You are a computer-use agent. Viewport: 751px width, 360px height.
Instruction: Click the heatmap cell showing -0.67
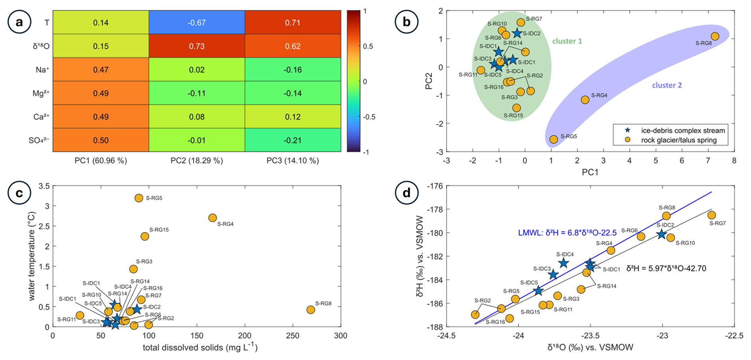(x=196, y=23)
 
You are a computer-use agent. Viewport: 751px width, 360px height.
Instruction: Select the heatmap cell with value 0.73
(x=196, y=46)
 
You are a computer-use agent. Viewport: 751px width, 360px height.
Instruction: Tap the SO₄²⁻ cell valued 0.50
(x=101, y=140)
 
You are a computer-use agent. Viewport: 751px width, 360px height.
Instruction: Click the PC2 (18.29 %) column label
(x=196, y=161)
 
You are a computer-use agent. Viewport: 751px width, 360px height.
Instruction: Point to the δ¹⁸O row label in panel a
(x=41, y=46)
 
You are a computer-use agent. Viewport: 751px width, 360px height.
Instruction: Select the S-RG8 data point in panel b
(x=714, y=37)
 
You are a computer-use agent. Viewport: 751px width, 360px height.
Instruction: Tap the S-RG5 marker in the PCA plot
(x=553, y=139)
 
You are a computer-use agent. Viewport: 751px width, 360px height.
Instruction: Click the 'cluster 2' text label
(x=667, y=85)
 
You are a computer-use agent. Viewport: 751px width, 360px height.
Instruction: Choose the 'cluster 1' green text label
(x=567, y=41)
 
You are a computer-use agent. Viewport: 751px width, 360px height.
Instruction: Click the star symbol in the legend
(x=628, y=131)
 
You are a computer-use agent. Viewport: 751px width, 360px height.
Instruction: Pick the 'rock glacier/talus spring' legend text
(x=679, y=140)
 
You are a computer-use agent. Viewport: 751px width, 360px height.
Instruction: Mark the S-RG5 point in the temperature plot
(x=139, y=198)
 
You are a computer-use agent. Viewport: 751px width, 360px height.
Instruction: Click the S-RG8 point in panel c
(x=311, y=310)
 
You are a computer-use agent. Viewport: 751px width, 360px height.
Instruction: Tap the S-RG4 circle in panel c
(x=212, y=218)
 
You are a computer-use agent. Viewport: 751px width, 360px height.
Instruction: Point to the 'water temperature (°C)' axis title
(x=32, y=256)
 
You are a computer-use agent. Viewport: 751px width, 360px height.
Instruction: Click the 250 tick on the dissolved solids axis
(x=293, y=336)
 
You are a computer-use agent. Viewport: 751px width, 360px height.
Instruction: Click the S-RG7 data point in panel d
(x=711, y=215)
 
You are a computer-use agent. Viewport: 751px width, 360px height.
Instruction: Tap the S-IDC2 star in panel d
(x=661, y=235)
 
